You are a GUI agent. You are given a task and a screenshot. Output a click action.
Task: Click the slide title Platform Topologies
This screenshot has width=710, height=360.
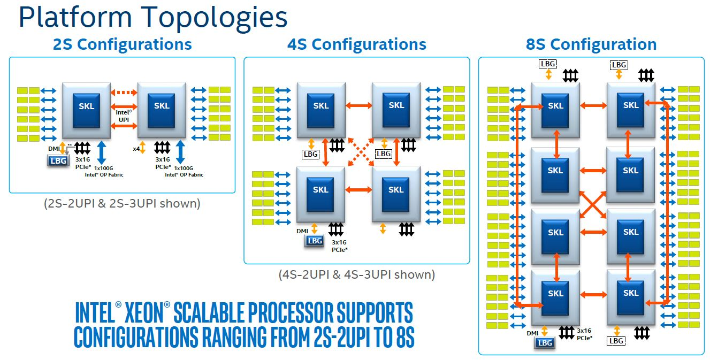(152, 17)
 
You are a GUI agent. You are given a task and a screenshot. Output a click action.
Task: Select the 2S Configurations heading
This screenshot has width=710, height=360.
(122, 44)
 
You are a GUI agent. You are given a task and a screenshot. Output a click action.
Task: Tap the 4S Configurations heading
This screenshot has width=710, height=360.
(356, 44)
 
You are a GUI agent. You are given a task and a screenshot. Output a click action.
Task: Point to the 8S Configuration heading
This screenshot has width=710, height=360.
(591, 44)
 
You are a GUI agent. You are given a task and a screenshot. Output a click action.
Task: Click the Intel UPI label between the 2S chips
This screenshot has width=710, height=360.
(124, 116)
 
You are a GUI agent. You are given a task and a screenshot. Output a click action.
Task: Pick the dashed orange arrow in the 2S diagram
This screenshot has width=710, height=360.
(124, 92)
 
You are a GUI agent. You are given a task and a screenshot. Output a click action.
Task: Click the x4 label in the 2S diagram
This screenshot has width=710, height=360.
(136, 148)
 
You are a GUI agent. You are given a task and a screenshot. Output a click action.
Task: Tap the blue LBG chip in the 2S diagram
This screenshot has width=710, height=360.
(58, 160)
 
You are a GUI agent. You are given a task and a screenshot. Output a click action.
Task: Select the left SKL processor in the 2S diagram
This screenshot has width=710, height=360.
(87, 106)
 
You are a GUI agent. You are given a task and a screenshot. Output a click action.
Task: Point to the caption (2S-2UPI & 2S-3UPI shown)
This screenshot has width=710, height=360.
(122, 204)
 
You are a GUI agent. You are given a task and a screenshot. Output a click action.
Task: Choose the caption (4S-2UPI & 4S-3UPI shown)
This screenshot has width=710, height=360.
(356, 275)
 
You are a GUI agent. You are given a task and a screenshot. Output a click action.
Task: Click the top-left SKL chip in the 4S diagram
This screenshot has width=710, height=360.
(321, 106)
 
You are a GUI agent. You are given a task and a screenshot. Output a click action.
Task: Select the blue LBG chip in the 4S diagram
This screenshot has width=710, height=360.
(315, 241)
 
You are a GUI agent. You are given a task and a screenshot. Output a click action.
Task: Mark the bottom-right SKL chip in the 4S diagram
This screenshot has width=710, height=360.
(396, 189)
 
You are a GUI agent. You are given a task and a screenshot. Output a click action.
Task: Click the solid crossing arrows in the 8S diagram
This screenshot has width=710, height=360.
(593, 204)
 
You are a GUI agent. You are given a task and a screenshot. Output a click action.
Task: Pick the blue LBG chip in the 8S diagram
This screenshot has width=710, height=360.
(544, 343)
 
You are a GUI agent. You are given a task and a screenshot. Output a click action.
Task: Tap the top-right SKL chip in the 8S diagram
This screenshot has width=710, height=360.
(631, 105)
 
